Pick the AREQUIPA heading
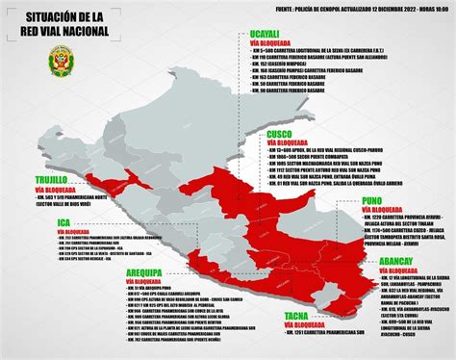(149, 272)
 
